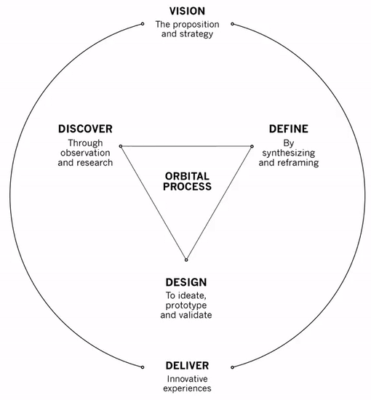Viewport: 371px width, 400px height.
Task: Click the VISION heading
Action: click(187, 11)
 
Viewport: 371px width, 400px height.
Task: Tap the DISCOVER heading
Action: click(85, 129)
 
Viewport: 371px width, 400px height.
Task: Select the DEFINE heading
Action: click(289, 129)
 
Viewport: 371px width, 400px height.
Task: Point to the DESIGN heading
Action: click(186, 282)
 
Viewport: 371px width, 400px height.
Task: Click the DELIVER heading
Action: click(186, 365)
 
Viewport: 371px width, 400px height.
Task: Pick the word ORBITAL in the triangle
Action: click(187, 175)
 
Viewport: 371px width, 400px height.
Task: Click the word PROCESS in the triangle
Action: click(187, 187)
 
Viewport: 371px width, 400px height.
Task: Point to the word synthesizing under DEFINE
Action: click(290, 153)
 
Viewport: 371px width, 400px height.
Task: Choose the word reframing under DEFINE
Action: click(298, 163)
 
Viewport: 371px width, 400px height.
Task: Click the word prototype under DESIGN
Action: click(186, 305)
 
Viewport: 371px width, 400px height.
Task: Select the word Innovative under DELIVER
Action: click(186, 378)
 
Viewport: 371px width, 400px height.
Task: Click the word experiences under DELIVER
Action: click(186, 388)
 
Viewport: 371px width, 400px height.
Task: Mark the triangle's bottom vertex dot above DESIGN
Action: click(186, 260)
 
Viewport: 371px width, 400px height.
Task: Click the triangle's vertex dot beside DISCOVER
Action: click(121, 146)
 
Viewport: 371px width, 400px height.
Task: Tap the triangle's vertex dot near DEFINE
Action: click(252, 146)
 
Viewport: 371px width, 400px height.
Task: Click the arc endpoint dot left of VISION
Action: click(143, 24)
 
